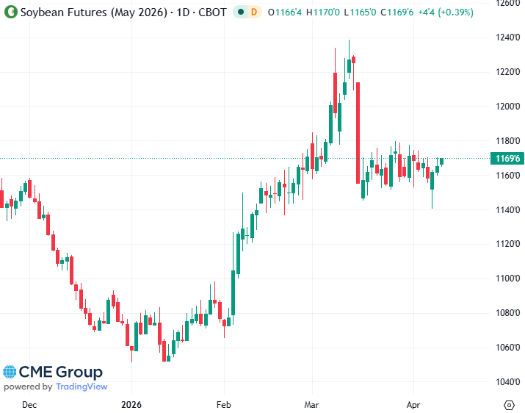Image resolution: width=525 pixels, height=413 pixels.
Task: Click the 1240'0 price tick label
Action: click(507, 37)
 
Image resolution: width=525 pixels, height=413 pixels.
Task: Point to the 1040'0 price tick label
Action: click(507, 381)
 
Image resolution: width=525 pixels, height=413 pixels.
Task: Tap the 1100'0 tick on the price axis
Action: click(507, 279)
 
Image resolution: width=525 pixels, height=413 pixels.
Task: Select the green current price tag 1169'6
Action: click(506, 158)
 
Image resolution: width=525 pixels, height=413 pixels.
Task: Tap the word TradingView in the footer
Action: click(82, 387)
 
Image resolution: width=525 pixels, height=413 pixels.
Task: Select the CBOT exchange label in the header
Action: click(211, 12)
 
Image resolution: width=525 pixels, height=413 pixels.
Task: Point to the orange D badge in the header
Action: click(254, 12)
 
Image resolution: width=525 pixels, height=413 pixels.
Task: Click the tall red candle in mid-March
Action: click(358, 132)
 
